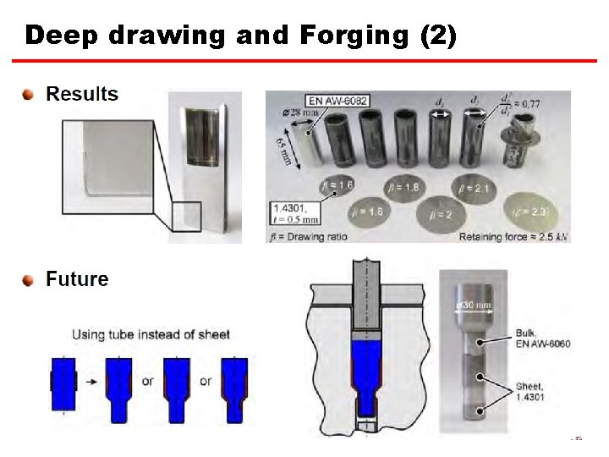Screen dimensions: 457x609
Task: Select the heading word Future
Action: coord(77,279)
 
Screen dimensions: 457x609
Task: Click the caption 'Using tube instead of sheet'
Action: coord(151,334)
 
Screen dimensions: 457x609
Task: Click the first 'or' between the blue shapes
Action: coord(147,382)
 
